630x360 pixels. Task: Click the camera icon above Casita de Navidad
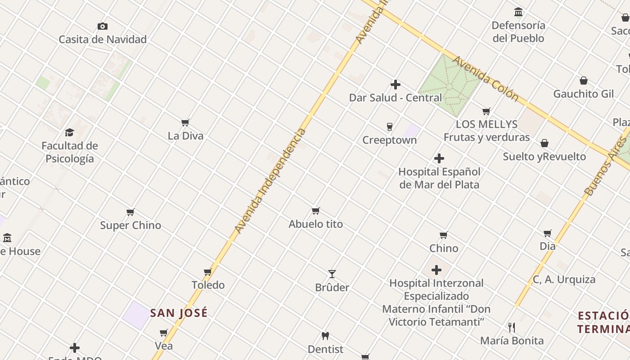coord(103,27)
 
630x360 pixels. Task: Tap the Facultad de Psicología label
coord(70,152)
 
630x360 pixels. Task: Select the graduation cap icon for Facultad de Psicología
coord(69,132)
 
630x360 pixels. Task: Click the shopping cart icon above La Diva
coord(185,122)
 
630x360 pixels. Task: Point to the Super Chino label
coord(130,225)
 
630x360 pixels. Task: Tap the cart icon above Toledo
coord(208,272)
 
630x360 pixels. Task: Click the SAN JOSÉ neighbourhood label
coord(179,313)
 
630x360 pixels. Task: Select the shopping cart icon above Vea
coord(164,333)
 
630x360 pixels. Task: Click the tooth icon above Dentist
coord(325,336)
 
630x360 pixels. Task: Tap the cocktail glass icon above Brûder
coord(332,274)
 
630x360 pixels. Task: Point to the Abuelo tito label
coord(316,224)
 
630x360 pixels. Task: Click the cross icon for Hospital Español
coord(439,158)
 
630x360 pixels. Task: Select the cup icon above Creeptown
coord(390,127)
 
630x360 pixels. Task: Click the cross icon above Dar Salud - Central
coord(396,85)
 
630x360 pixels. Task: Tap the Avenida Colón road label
coord(486,79)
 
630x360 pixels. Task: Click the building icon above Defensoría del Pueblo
coord(518,12)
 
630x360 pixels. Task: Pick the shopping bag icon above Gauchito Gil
coord(584,81)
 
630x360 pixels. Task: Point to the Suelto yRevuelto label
coord(544,157)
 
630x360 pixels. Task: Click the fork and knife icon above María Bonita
coord(512,327)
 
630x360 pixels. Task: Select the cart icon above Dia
coord(548,233)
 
